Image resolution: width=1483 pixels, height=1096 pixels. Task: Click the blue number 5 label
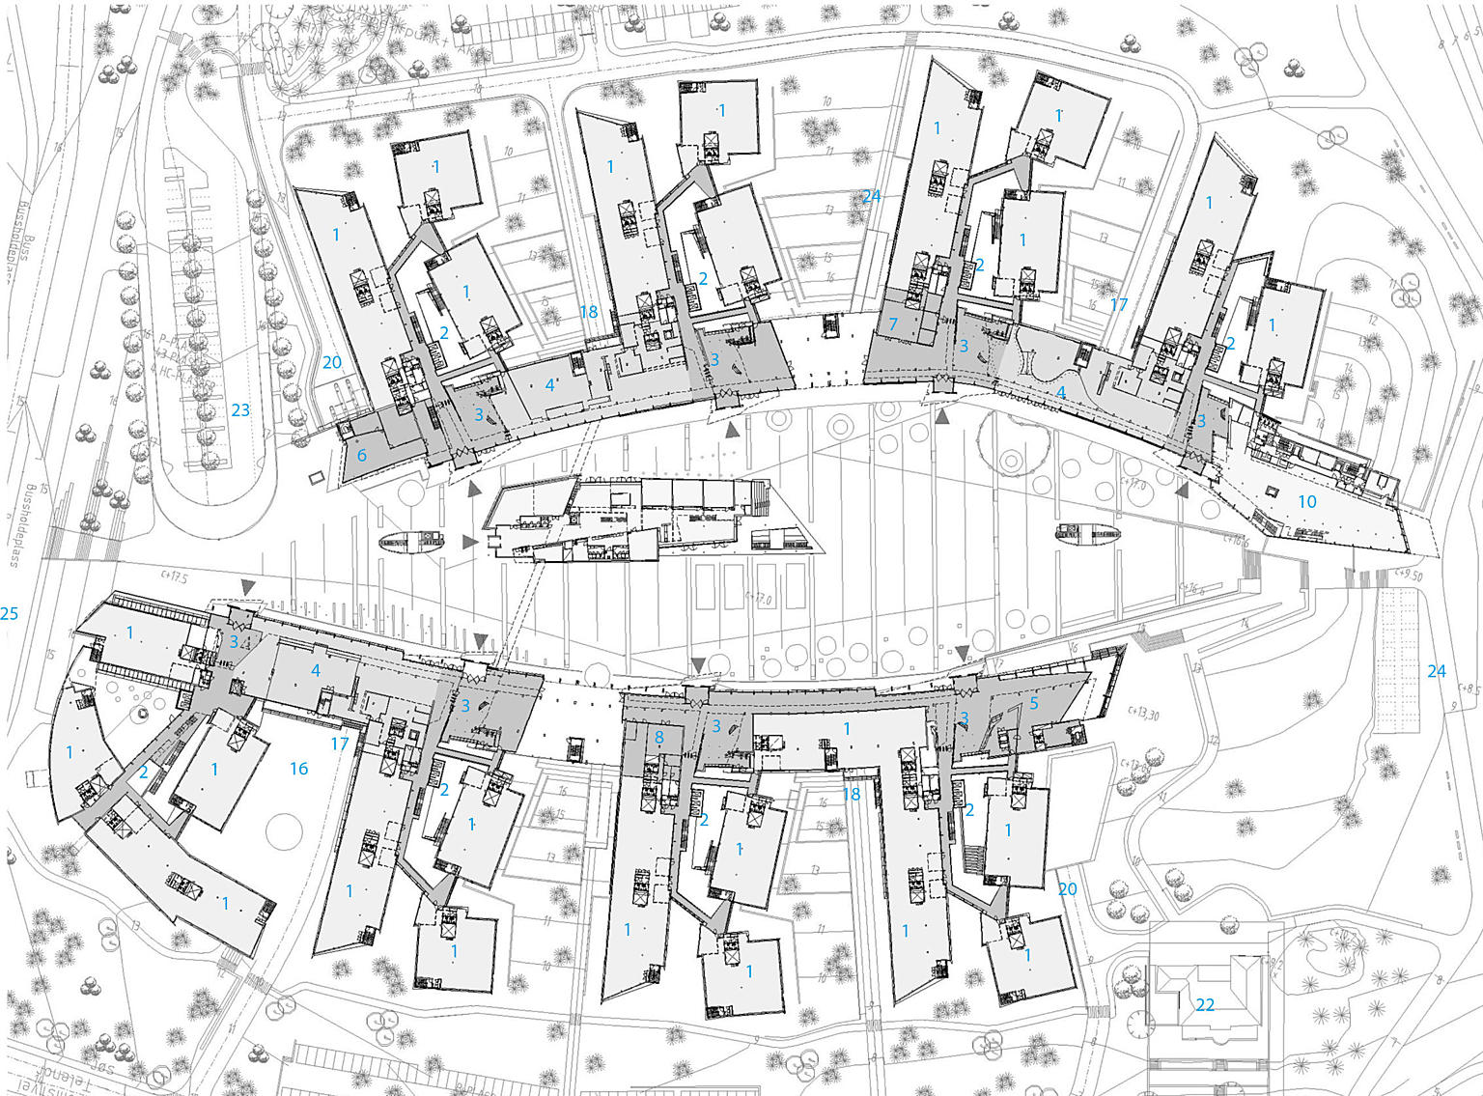pos(1034,703)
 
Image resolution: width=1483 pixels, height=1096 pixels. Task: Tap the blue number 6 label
pos(362,456)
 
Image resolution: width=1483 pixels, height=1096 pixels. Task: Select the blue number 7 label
pos(893,323)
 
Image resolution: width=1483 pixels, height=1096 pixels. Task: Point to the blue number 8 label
pos(659,739)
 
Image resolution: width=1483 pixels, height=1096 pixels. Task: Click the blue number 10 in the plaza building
pos(1306,501)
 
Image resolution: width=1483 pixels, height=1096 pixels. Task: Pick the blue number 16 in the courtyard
pos(299,769)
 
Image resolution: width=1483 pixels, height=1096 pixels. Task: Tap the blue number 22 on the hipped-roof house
pos(1205,1005)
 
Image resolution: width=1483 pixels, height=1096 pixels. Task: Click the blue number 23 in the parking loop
pos(240,410)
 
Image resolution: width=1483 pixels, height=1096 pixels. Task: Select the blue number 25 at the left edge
pos(10,613)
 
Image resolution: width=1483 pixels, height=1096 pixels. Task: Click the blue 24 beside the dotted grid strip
pos(1437,671)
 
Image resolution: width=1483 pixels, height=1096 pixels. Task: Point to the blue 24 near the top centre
pos(871,197)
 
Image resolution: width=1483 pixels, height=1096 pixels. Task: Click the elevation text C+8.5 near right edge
pos(1470,689)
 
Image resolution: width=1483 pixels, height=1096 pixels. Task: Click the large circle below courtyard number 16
pos(287,831)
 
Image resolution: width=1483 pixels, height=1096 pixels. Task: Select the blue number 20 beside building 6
pos(332,363)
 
